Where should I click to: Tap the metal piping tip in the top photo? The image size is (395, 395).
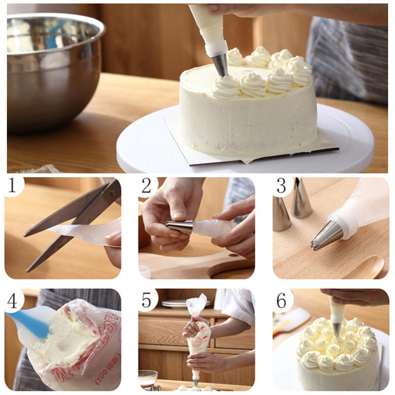pyautogui.click(x=220, y=65)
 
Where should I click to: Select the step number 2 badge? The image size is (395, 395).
pyautogui.click(x=147, y=186)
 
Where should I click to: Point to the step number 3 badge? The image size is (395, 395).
pyautogui.click(x=281, y=186)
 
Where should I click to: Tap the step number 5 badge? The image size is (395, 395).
pyautogui.click(x=147, y=299)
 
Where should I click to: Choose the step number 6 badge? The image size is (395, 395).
pyautogui.click(x=282, y=300)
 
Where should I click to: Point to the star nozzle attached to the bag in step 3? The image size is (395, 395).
pyautogui.click(x=326, y=236)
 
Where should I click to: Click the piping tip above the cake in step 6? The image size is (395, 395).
pyautogui.click(x=336, y=329)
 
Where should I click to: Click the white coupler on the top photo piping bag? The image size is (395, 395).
pyautogui.click(x=216, y=48)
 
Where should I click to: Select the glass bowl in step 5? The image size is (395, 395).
pyautogui.click(x=148, y=377)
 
